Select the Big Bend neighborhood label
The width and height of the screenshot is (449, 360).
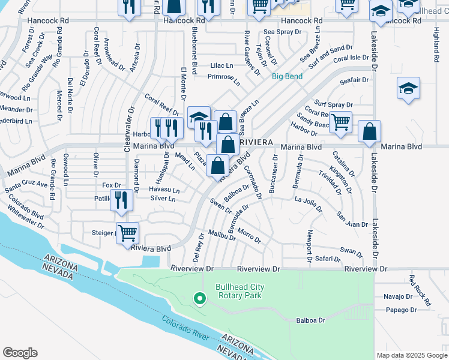[x=287, y=76]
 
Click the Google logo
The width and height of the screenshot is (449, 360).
[x=20, y=353]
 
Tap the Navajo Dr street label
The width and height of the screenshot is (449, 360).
[x=397, y=296]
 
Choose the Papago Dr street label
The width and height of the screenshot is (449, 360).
[x=402, y=310]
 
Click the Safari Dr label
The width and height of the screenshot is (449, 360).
[x=327, y=259]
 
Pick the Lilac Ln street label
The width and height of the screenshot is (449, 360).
[x=221, y=65]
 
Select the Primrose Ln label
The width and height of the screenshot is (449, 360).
[x=223, y=77]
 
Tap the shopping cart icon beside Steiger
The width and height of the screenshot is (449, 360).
[x=127, y=232]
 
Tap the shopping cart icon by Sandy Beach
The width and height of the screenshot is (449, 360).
[x=340, y=121]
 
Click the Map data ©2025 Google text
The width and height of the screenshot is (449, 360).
[x=411, y=355]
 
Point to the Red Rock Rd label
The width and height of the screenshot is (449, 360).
[x=420, y=290]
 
